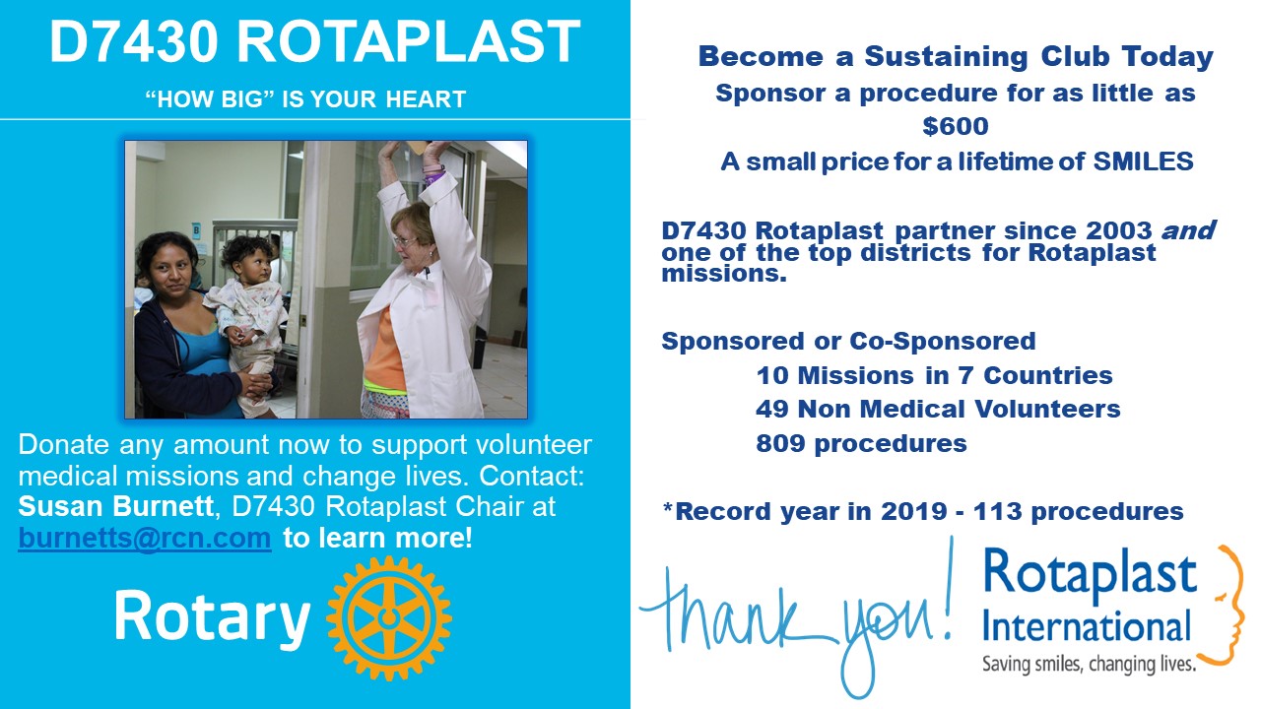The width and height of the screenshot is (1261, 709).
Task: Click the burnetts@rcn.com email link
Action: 145,538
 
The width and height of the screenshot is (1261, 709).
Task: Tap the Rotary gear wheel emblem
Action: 388,617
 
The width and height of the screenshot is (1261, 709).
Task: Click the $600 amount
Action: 956,126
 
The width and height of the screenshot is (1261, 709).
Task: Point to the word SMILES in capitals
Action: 1143,161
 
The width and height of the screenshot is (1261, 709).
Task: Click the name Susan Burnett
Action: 115,506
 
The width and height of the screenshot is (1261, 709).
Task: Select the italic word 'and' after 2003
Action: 1188,230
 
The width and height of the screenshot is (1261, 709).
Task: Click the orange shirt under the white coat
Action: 385,349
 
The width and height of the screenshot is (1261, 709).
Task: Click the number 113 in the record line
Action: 997,511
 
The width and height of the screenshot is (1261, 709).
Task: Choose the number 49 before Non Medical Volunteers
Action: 772,409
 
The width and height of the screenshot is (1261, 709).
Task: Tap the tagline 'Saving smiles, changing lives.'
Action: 1090,664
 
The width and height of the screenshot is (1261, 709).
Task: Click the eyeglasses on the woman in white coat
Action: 404,241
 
